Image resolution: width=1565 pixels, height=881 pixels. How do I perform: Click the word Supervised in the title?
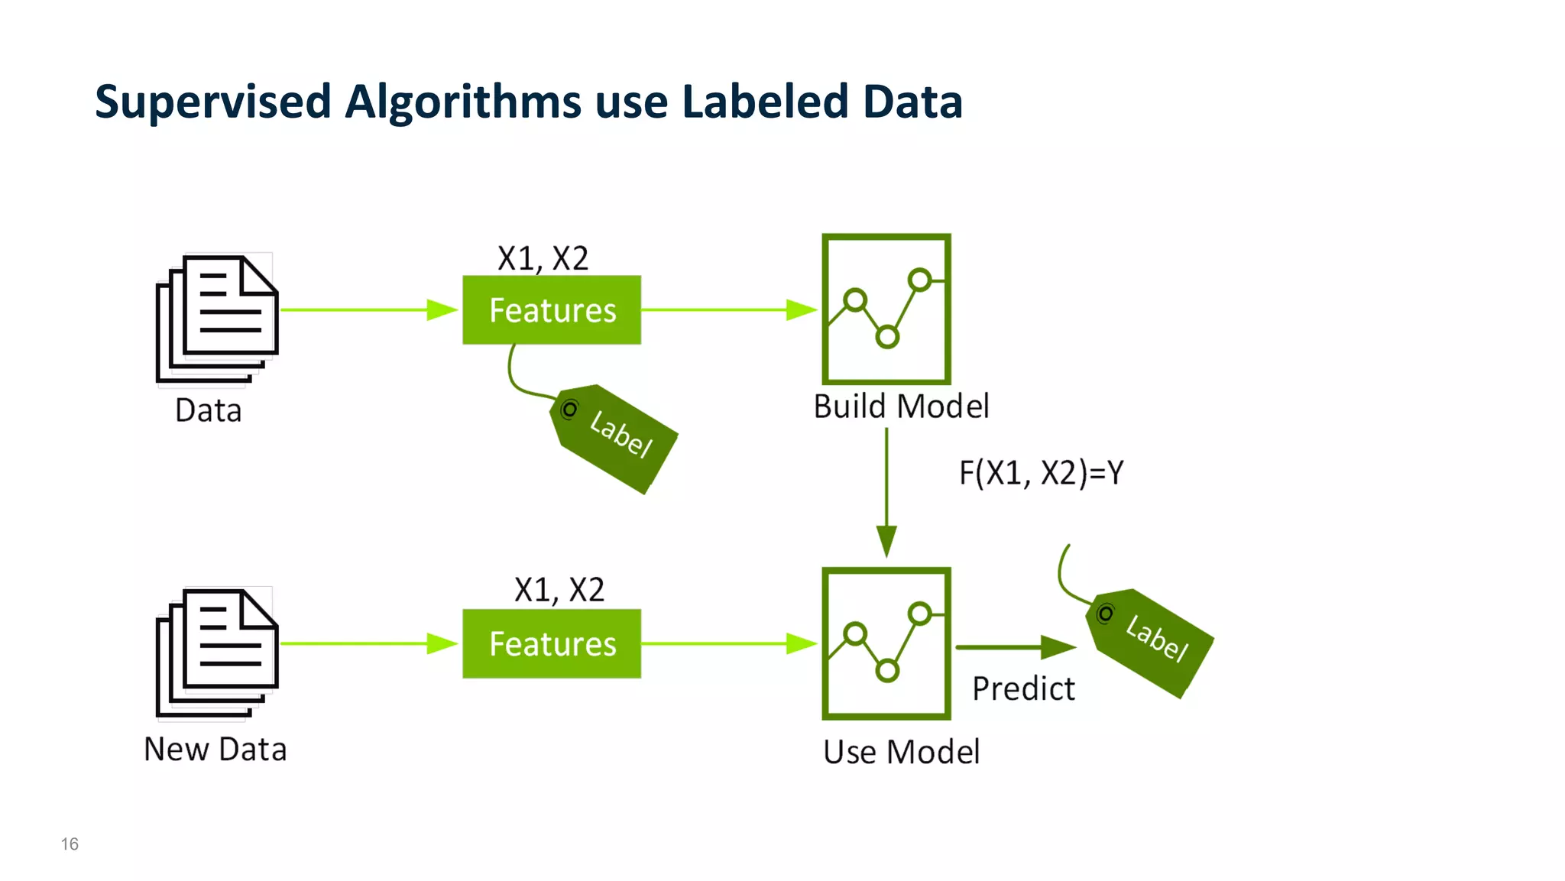(x=212, y=102)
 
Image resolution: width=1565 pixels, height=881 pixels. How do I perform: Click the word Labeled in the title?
(x=764, y=101)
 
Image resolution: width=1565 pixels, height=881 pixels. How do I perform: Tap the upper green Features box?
(x=552, y=310)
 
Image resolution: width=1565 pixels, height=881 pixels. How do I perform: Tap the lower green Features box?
(x=552, y=643)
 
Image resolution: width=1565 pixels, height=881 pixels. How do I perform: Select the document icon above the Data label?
(x=218, y=318)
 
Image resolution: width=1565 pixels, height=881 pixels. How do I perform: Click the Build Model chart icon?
(x=886, y=309)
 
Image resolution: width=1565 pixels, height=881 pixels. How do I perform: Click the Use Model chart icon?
(x=886, y=643)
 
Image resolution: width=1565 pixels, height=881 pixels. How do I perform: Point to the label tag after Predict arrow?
(x=1151, y=643)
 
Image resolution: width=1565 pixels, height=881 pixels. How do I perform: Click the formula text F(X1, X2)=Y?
(x=1041, y=473)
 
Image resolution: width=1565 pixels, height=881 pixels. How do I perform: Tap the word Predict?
(x=1023, y=688)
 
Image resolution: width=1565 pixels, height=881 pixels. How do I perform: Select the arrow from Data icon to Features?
(x=367, y=310)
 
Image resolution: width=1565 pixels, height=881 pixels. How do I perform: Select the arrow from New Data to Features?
(x=367, y=643)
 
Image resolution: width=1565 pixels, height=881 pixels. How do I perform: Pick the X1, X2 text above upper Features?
(x=543, y=258)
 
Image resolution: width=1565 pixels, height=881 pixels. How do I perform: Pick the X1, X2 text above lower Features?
(x=559, y=590)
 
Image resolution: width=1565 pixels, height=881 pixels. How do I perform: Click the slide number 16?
(x=70, y=844)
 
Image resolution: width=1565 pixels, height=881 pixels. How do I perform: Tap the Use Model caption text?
(x=901, y=752)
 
